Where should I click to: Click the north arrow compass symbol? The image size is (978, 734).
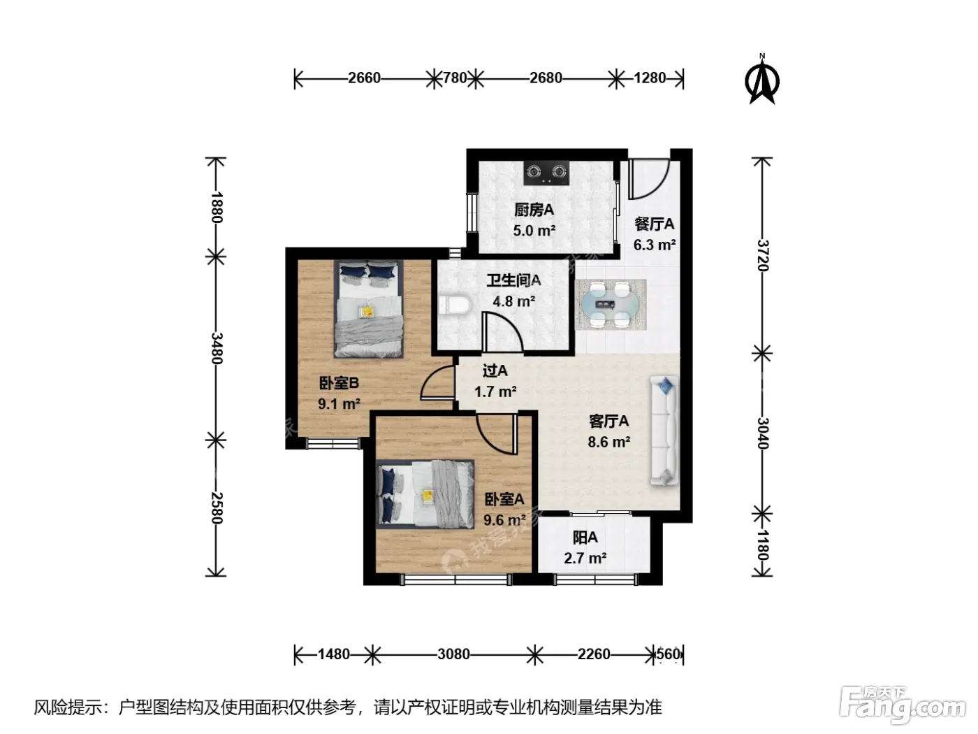(761, 79)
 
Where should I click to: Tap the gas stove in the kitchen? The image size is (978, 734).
(547, 173)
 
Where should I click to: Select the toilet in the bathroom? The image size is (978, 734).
(455, 304)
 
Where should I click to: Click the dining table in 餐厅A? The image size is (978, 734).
(611, 304)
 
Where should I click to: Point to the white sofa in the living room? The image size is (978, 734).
(664, 431)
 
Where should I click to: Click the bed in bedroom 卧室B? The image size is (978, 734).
(368, 309)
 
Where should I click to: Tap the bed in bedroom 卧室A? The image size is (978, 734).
(425, 494)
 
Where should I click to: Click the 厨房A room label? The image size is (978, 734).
(534, 210)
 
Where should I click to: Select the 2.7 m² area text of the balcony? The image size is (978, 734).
(585, 558)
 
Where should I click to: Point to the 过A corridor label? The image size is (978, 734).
(495, 370)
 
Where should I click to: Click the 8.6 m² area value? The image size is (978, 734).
(608, 442)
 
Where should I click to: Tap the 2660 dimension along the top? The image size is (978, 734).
(364, 78)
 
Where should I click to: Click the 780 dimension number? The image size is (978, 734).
(455, 78)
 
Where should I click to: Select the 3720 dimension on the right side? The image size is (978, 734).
(763, 255)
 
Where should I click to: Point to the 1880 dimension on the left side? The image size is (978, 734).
(217, 207)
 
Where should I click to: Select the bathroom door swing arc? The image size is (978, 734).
(502, 333)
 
